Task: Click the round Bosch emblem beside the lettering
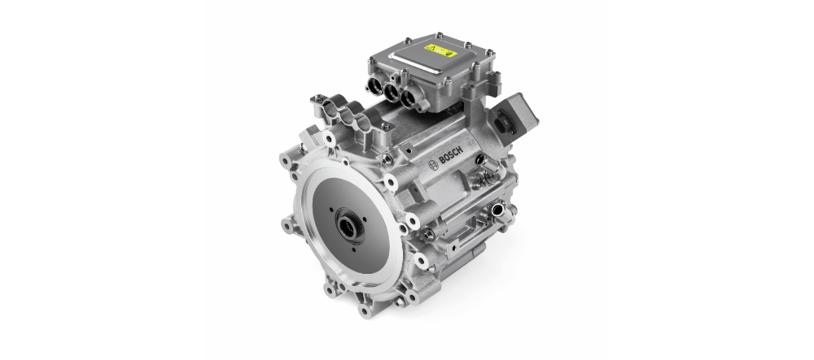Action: click(433, 166)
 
